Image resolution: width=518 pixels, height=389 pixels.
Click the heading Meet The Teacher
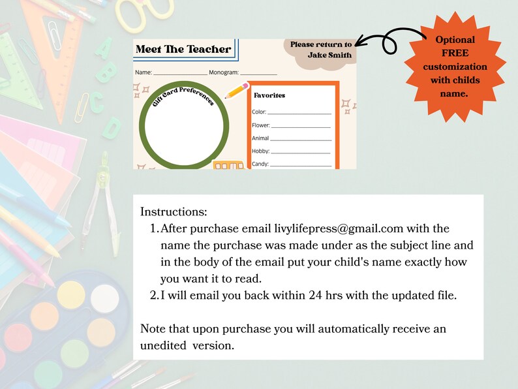click(x=183, y=49)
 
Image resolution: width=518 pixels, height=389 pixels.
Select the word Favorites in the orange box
click(x=269, y=95)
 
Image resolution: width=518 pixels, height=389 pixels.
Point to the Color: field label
click(x=259, y=112)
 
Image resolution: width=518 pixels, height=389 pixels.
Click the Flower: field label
click(x=261, y=125)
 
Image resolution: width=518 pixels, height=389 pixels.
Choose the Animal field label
click(x=261, y=138)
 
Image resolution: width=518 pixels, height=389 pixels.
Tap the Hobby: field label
click(x=260, y=151)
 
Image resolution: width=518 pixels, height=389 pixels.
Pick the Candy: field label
click(x=260, y=164)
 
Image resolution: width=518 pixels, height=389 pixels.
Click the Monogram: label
click(x=224, y=72)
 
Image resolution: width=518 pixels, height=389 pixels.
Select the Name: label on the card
click(x=144, y=72)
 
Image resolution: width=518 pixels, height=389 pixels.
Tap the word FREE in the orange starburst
click(x=455, y=53)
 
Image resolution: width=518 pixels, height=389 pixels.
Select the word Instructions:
click(x=174, y=212)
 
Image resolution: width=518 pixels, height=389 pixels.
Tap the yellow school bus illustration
click(x=228, y=165)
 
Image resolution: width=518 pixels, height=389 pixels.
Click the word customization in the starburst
click(x=455, y=67)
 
